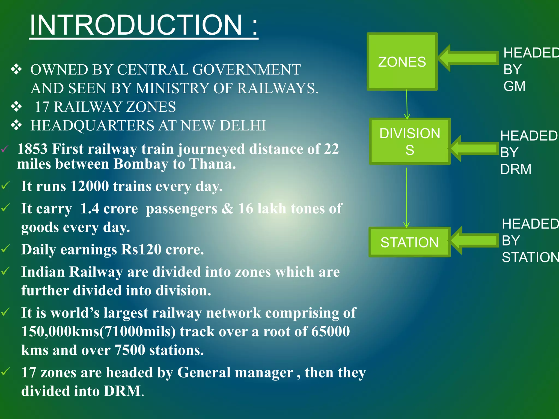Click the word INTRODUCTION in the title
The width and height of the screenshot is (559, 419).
[x=136, y=25]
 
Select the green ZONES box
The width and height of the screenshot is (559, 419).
[x=402, y=62]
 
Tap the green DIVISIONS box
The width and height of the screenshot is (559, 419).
[x=409, y=141]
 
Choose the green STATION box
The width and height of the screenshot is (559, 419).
[x=409, y=242]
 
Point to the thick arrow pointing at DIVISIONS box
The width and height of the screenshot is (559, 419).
[x=474, y=149]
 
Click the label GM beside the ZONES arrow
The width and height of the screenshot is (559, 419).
[x=514, y=86]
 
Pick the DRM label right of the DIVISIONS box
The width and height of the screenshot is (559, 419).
[x=516, y=169]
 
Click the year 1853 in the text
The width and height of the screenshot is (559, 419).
[x=32, y=149]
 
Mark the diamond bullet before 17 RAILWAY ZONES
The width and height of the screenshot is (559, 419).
[x=16, y=107]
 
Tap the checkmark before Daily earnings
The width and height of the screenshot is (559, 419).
[x=6, y=249]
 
